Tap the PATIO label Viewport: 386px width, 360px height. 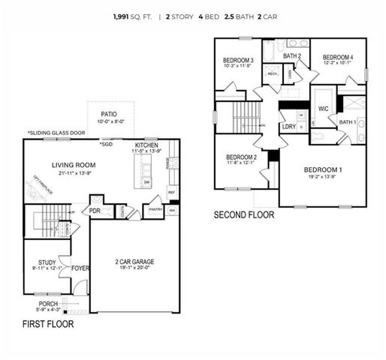pyautogui.click(x=109, y=115)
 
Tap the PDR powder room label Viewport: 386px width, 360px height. pyautogui.click(x=96, y=211)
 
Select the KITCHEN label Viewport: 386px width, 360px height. pyautogui.click(x=146, y=145)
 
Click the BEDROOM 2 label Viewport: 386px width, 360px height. pyautogui.click(x=241, y=157)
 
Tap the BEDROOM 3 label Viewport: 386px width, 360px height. pyautogui.click(x=237, y=60)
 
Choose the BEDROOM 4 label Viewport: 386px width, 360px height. pyautogui.click(x=338, y=57)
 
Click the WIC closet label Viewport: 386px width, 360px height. pyautogui.click(x=324, y=109)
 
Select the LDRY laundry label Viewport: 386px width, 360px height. pyautogui.click(x=288, y=127)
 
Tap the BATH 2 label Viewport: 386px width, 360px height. pyautogui.click(x=292, y=55)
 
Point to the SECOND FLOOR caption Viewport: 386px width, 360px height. pyautogui.click(x=244, y=214)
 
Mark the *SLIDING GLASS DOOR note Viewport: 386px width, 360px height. pyautogui.click(x=56, y=133)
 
